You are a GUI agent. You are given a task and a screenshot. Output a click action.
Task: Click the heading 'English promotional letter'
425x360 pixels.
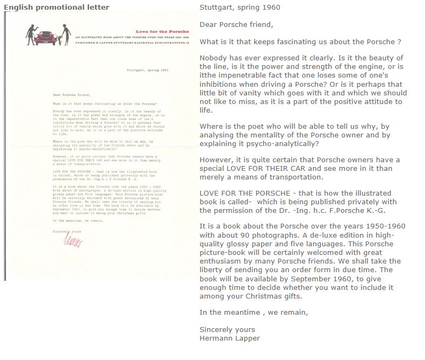pos(56,7)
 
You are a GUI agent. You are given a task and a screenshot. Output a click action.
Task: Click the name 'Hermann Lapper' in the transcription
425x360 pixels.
pos(229,338)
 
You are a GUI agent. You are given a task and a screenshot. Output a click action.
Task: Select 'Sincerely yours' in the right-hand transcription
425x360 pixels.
pos(227,329)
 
